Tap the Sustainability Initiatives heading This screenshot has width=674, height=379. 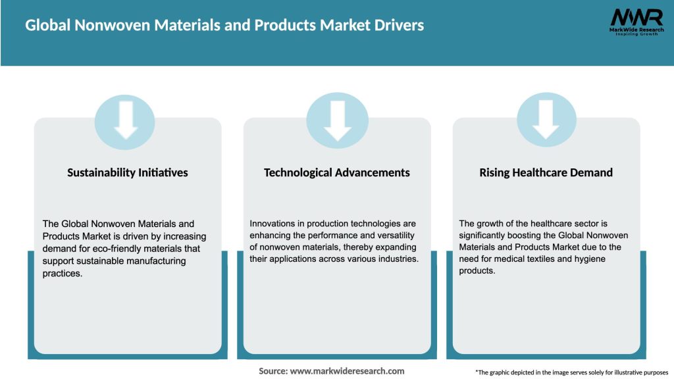click(128, 172)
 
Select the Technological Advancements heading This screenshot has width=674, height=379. click(337, 172)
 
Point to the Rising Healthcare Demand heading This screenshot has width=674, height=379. click(546, 172)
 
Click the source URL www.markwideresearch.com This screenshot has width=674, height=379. click(347, 371)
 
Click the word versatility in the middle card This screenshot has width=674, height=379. click(392, 236)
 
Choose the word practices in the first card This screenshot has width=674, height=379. click(63, 273)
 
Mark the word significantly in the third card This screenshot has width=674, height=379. click(486, 236)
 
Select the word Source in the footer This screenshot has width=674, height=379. click(272, 371)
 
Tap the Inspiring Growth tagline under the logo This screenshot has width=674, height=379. click(635, 34)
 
